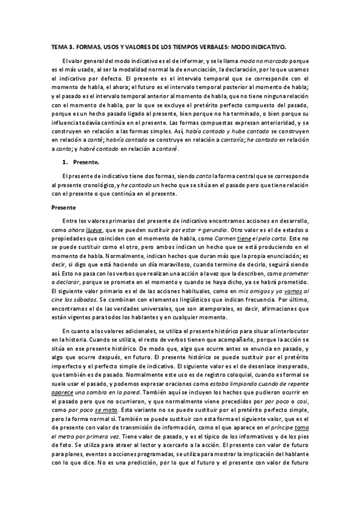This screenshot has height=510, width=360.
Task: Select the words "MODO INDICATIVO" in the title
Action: pos(272,45)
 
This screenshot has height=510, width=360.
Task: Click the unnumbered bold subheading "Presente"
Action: pos(63,207)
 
